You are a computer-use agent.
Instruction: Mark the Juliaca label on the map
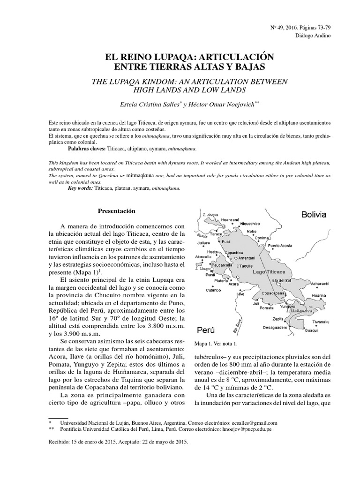(x=203, y=243)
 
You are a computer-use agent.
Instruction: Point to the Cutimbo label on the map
(x=212, y=290)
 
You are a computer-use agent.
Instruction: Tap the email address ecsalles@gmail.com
(x=250, y=422)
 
